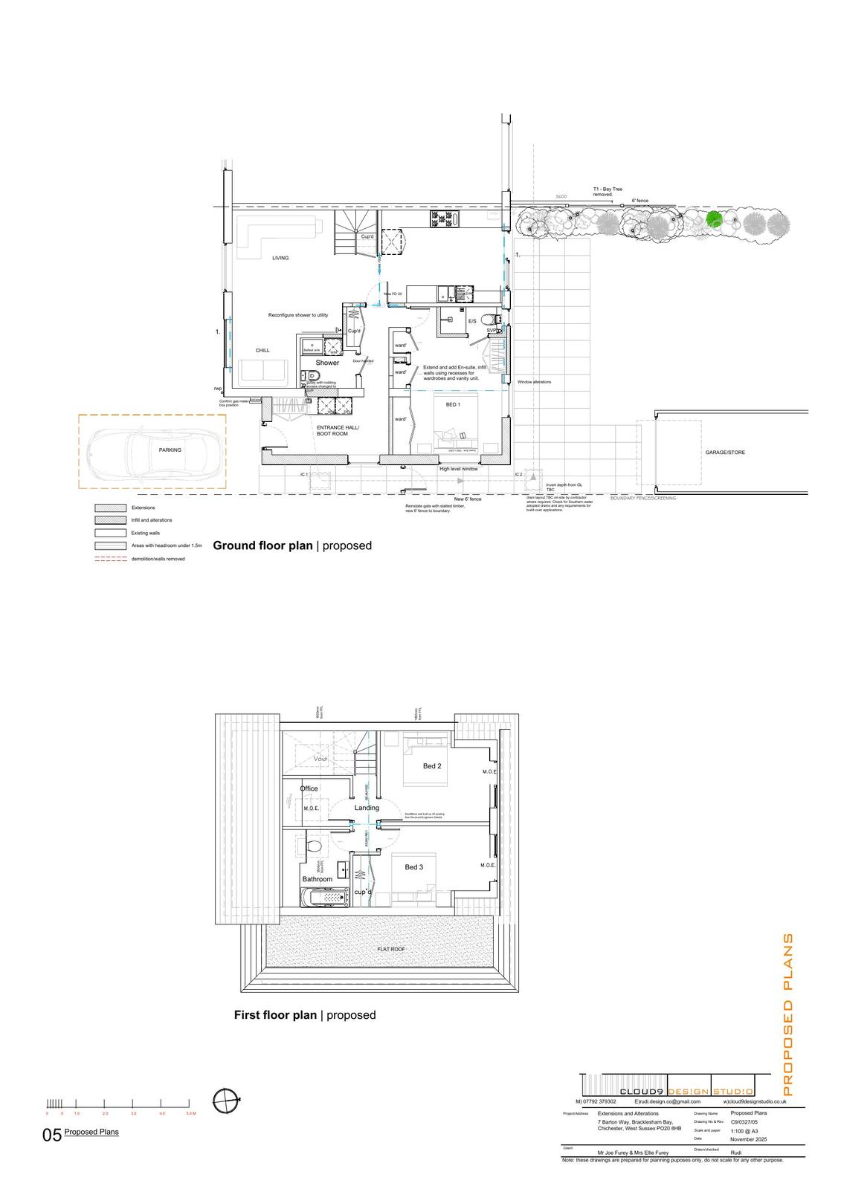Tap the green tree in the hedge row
tap(714, 219)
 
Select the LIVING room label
tap(280, 258)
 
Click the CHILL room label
tap(262, 350)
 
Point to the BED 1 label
tap(453, 404)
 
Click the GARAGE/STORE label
tap(725, 453)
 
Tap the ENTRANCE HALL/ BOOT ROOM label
tap(338, 430)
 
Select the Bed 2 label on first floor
tap(432, 765)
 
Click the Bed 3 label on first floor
tap(413, 866)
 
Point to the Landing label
tap(367, 808)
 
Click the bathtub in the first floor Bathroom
tap(324, 898)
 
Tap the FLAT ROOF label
tap(391, 949)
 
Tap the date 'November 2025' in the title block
tap(748, 1139)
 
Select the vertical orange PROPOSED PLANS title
tap(789, 1014)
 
